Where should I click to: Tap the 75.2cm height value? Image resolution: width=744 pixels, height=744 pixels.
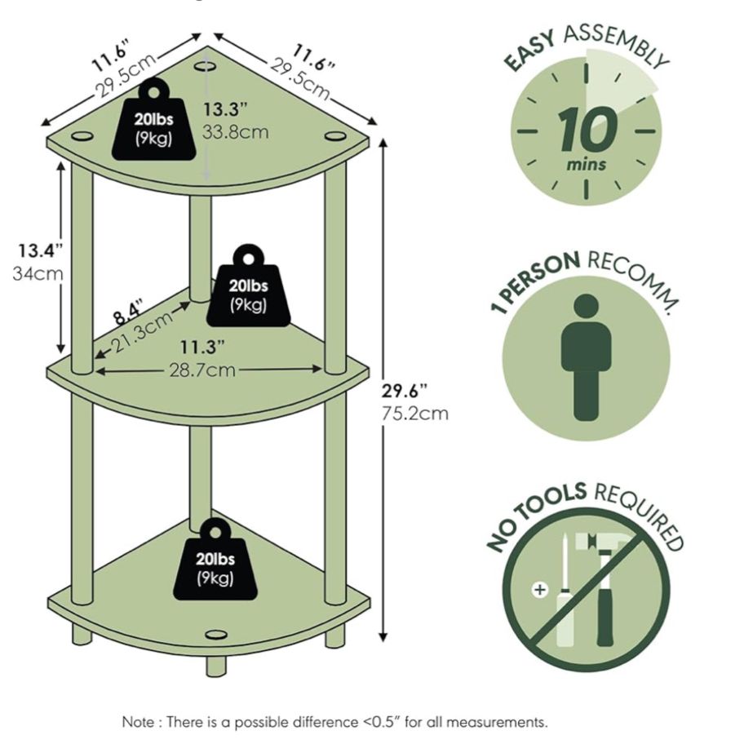(x=415, y=413)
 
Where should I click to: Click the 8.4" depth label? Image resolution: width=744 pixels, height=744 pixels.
(x=127, y=312)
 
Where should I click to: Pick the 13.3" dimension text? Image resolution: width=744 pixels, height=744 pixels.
(x=231, y=108)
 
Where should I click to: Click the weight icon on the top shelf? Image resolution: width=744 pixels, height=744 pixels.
(x=160, y=122)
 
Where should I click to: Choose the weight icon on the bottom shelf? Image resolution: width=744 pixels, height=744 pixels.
(x=215, y=562)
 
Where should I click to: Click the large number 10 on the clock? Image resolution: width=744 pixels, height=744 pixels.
(x=585, y=130)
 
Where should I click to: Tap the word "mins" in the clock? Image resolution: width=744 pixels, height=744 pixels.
(x=587, y=165)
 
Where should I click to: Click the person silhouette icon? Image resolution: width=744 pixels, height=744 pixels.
(x=586, y=356)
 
